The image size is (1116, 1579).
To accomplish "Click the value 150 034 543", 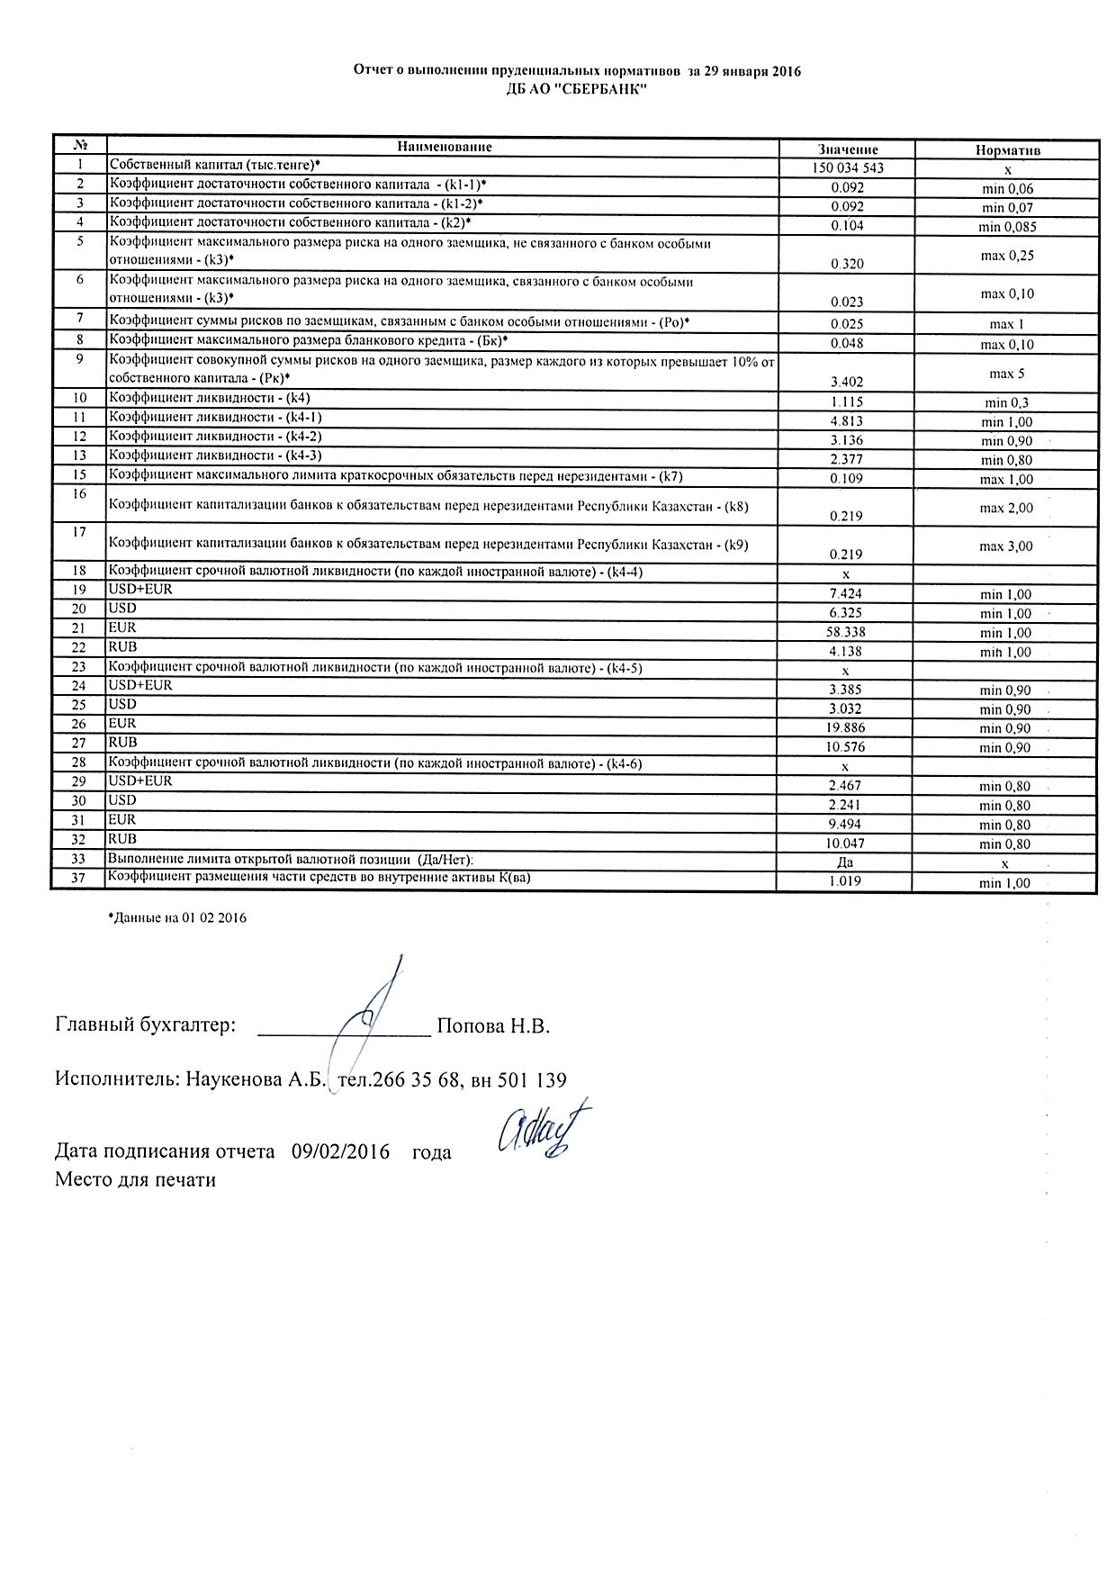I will (x=847, y=168).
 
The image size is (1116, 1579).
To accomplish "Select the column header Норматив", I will (x=1007, y=150).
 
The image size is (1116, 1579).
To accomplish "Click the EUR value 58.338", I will (x=847, y=632).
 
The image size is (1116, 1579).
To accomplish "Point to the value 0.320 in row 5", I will (x=847, y=264).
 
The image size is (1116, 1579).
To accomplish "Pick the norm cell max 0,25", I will (x=1007, y=256).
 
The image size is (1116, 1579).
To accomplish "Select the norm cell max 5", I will (x=1007, y=373).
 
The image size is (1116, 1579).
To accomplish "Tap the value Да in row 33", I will (x=845, y=862).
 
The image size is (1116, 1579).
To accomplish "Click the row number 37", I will (x=78, y=878).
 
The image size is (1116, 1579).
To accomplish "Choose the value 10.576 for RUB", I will (x=847, y=747).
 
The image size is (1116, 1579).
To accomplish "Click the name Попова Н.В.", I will (x=492, y=1026).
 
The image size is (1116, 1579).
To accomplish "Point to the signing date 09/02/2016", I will (x=340, y=1151).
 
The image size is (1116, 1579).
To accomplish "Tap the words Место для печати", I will (x=135, y=1179).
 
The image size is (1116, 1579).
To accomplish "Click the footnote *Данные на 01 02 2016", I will (x=176, y=918).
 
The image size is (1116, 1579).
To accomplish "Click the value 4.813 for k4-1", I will (x=847, y=421).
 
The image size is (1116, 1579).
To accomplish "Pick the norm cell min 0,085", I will (x=1007, y=227).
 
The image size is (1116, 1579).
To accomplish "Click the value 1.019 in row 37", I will (x=845, y=881).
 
